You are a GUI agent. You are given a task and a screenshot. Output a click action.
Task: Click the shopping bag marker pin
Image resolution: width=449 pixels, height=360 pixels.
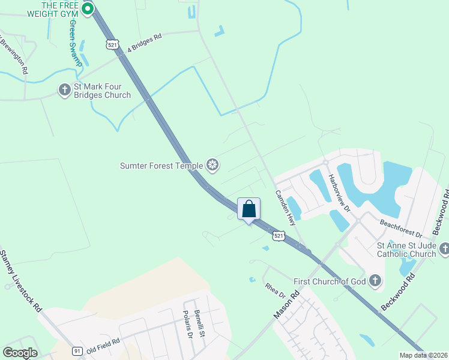(x=249, y=210)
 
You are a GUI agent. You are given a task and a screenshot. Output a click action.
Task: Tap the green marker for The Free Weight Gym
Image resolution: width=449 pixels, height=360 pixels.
(x=87, y=8)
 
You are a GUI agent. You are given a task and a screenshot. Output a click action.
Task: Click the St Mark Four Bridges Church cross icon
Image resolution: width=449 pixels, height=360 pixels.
(x=64, y=90)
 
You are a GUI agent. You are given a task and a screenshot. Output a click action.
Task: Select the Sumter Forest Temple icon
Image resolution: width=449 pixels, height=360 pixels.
(x=212, y=164)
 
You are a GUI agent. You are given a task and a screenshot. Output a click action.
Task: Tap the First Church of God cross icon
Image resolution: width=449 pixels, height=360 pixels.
(x=375, y=280)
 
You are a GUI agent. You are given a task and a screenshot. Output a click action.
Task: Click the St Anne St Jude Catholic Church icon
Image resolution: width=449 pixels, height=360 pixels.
(x=444, y=248)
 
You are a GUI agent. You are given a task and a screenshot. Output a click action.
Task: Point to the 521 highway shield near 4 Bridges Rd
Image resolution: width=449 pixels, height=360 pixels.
(x=112, y=44)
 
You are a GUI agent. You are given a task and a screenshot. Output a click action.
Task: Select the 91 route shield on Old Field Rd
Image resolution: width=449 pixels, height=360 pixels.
(x=77, y=350)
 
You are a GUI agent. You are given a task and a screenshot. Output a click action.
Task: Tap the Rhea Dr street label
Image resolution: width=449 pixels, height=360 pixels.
(x=275, y=290)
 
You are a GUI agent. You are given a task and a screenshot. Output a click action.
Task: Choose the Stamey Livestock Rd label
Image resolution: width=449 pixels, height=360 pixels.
(x=22, y=280)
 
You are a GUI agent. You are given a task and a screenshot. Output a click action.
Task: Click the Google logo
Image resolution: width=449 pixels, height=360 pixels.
(x=20, y=353)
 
